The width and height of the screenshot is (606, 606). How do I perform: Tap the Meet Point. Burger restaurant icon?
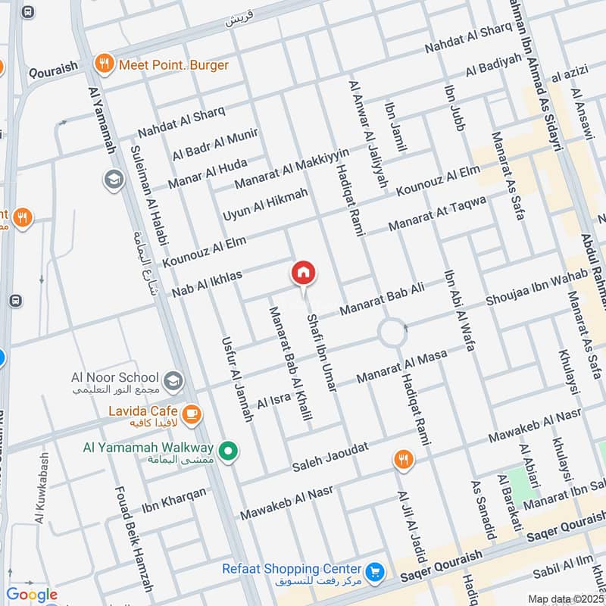(x=104, y=64)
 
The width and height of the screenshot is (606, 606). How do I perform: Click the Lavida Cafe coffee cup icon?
(x=192, y=413)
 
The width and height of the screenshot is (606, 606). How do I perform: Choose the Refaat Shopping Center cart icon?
(x=373, y=570)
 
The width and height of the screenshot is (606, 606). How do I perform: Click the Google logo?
(x=32, y=595)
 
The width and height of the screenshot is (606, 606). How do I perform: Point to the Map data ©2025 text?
(x=564, y=598)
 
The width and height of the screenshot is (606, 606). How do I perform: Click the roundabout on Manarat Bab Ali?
(x=392, y=332)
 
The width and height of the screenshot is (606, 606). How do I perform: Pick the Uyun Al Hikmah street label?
(x=265, y=205)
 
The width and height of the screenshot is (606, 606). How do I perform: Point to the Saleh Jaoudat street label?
(x=331, y=453)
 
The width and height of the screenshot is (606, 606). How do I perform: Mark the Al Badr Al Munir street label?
(x=215, y=144)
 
